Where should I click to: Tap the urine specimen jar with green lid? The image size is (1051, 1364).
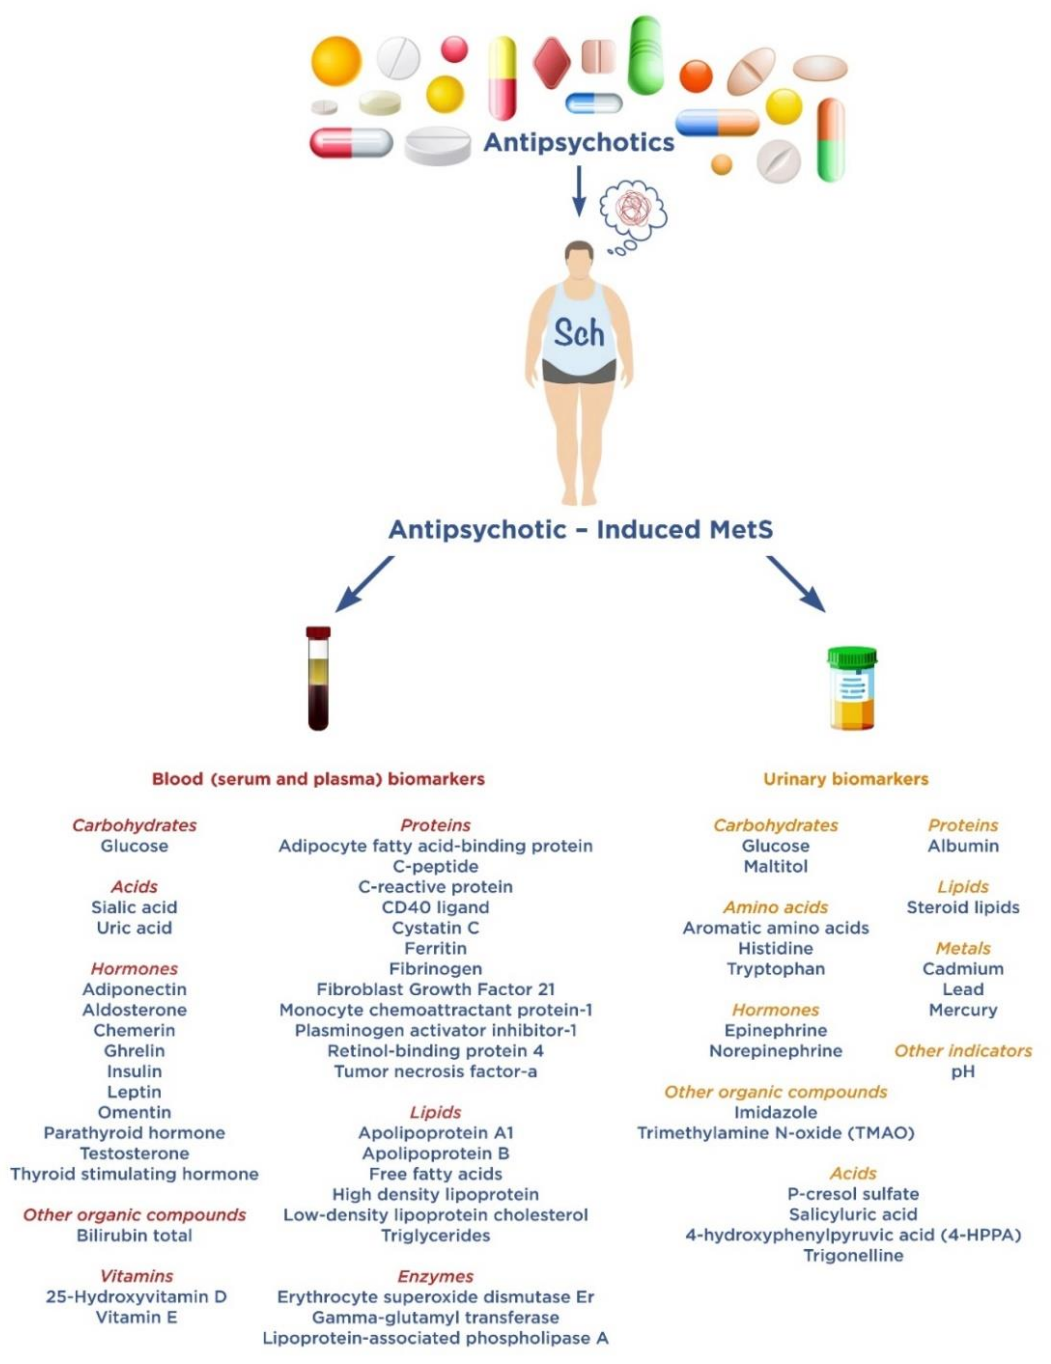(852, 688)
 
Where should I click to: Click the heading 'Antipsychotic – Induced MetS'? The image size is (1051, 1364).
(580, 529)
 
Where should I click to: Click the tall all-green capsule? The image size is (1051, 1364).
(645, 55)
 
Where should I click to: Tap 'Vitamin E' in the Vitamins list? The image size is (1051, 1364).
(136, 1317)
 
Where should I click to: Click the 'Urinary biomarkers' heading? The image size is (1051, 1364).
(845, 779)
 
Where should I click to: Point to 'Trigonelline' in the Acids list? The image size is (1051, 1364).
(853, 1255)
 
